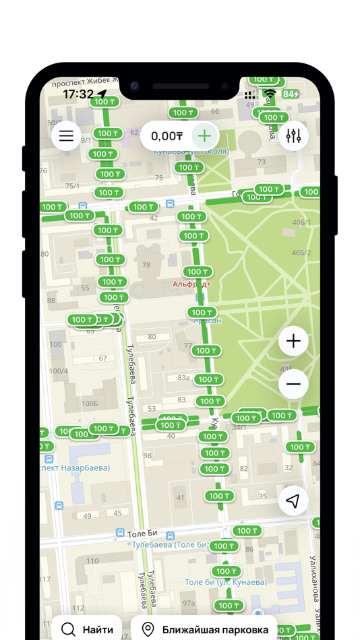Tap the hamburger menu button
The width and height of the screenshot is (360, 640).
[x=66, y=137]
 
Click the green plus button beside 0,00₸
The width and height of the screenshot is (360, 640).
[x=204, y=136]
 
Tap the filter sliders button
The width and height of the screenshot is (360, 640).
[x=293, y=136]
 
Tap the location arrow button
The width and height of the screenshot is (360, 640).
[x=293, y=501]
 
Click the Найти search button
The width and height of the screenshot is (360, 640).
[x=87, y=629]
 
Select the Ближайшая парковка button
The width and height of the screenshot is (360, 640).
[x=204, y=629]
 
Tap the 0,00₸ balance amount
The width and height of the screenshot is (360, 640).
[x=167, y=136]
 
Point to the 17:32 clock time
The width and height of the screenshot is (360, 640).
[x=78, y=94]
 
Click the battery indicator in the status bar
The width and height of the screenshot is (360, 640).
[x=291, y=94]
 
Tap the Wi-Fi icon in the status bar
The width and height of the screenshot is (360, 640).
[x=270, y=94]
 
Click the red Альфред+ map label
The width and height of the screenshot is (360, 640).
[x=191, y=284]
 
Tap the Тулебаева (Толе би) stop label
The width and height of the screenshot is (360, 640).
[x=170, y=544]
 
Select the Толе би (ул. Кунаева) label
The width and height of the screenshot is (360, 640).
[x=226, y=582]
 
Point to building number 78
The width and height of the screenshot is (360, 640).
[x=146, y=265]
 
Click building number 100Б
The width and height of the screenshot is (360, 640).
[x=89, y=404]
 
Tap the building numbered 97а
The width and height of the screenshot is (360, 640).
[x=189, y=603]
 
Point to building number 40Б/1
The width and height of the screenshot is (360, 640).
[x=301, y=222]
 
